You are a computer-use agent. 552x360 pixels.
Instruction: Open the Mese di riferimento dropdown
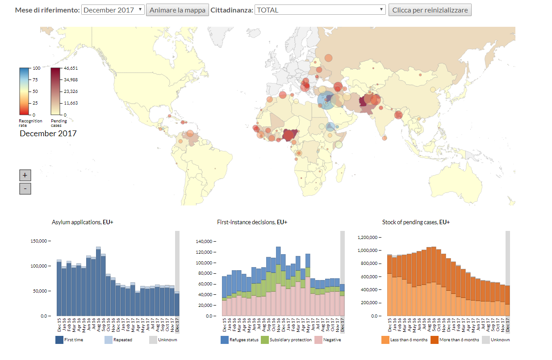point(113,10)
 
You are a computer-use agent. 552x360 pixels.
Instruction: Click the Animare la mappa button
point(177,10)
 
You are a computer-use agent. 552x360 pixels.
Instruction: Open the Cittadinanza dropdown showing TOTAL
point(320,10)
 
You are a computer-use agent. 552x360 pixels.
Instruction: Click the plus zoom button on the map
point(25,175)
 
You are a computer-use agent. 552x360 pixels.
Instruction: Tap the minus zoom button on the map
point(25,189)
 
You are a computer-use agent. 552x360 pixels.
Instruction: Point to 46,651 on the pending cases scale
point(71,68)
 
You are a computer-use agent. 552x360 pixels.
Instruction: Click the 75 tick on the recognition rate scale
point(35,80)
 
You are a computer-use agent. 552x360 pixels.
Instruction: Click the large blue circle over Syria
point(326,100)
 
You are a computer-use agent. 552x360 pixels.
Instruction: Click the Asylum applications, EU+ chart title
point(82,222)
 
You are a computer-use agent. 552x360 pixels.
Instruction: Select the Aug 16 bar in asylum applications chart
point(98,281)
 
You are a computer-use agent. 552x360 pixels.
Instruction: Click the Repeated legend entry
point(118,340)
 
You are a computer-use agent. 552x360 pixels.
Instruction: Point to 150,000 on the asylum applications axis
point(39,241)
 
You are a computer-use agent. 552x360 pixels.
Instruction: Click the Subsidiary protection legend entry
point(286,340)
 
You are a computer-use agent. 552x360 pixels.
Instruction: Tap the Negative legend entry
point(328,340)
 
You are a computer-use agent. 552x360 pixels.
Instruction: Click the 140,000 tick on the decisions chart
point(204,242)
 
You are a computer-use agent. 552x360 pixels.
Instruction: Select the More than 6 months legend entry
point(455,340)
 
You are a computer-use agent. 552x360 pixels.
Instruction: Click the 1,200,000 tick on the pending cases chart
point(368,237)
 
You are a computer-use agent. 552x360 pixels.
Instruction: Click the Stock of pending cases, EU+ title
point(416,222)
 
